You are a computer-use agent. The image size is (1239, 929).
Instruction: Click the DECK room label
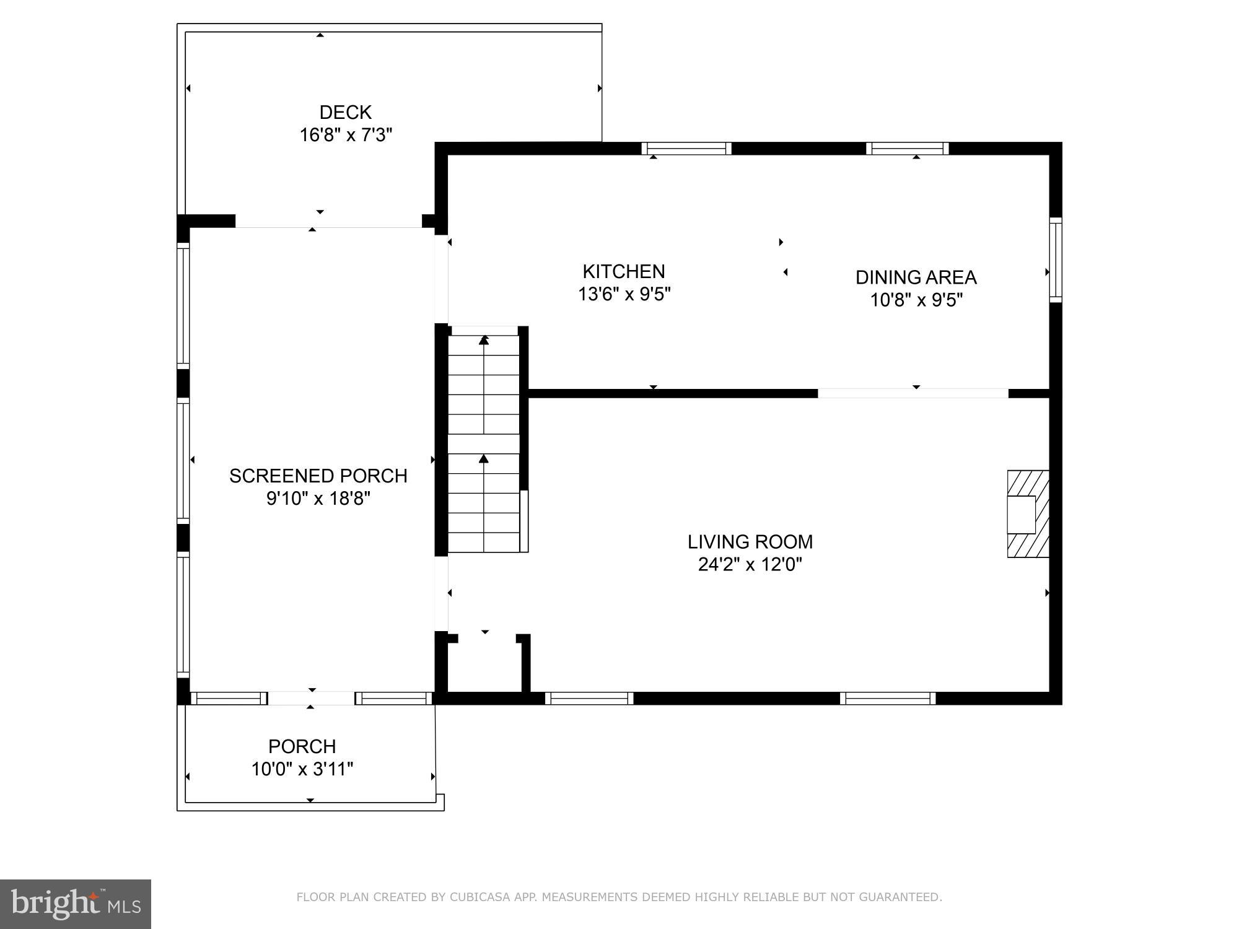(345, 112)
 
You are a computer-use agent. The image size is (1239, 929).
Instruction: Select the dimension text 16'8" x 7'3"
(346, 135)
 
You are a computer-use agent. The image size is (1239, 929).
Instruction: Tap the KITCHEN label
(623, 271)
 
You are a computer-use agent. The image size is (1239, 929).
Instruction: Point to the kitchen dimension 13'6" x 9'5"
(624, 294)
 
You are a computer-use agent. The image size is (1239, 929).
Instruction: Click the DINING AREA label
(916, 277)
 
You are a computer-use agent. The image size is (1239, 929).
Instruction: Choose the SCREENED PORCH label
(318, 476)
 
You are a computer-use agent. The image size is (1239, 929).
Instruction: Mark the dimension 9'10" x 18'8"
(318, 499)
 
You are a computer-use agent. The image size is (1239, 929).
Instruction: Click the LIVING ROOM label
(750, 542)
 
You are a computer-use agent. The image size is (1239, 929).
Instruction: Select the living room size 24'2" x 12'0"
(750, 565)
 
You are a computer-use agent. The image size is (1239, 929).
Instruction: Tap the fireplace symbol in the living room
(1027, 514)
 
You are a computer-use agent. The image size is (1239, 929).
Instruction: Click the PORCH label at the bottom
(302, 746)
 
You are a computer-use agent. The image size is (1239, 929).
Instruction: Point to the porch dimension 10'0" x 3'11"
(302, 769)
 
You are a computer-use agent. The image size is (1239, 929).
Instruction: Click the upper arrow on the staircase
(484, 341)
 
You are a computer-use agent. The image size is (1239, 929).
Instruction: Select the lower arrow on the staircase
(484, 459)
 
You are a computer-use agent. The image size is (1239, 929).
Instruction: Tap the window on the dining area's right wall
(1056, 260)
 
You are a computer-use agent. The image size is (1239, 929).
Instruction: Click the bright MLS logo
(75, 904)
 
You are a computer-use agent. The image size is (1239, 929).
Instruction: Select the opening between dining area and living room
(913, 393)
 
